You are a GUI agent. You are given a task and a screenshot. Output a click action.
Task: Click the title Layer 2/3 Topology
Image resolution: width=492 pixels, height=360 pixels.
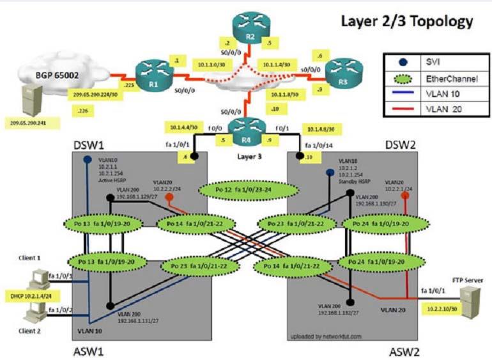coord(406,21)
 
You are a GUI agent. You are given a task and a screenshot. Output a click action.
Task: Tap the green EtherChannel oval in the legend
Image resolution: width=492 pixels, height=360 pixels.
coord(401,77)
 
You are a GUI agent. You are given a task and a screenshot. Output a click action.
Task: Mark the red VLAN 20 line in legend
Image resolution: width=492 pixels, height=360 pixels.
coord(401,109)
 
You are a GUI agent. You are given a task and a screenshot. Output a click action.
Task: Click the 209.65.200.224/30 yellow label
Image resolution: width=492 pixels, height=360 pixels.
coord(94,93)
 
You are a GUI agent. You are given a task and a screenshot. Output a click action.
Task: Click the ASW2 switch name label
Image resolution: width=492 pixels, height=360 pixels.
coord(404,351)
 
